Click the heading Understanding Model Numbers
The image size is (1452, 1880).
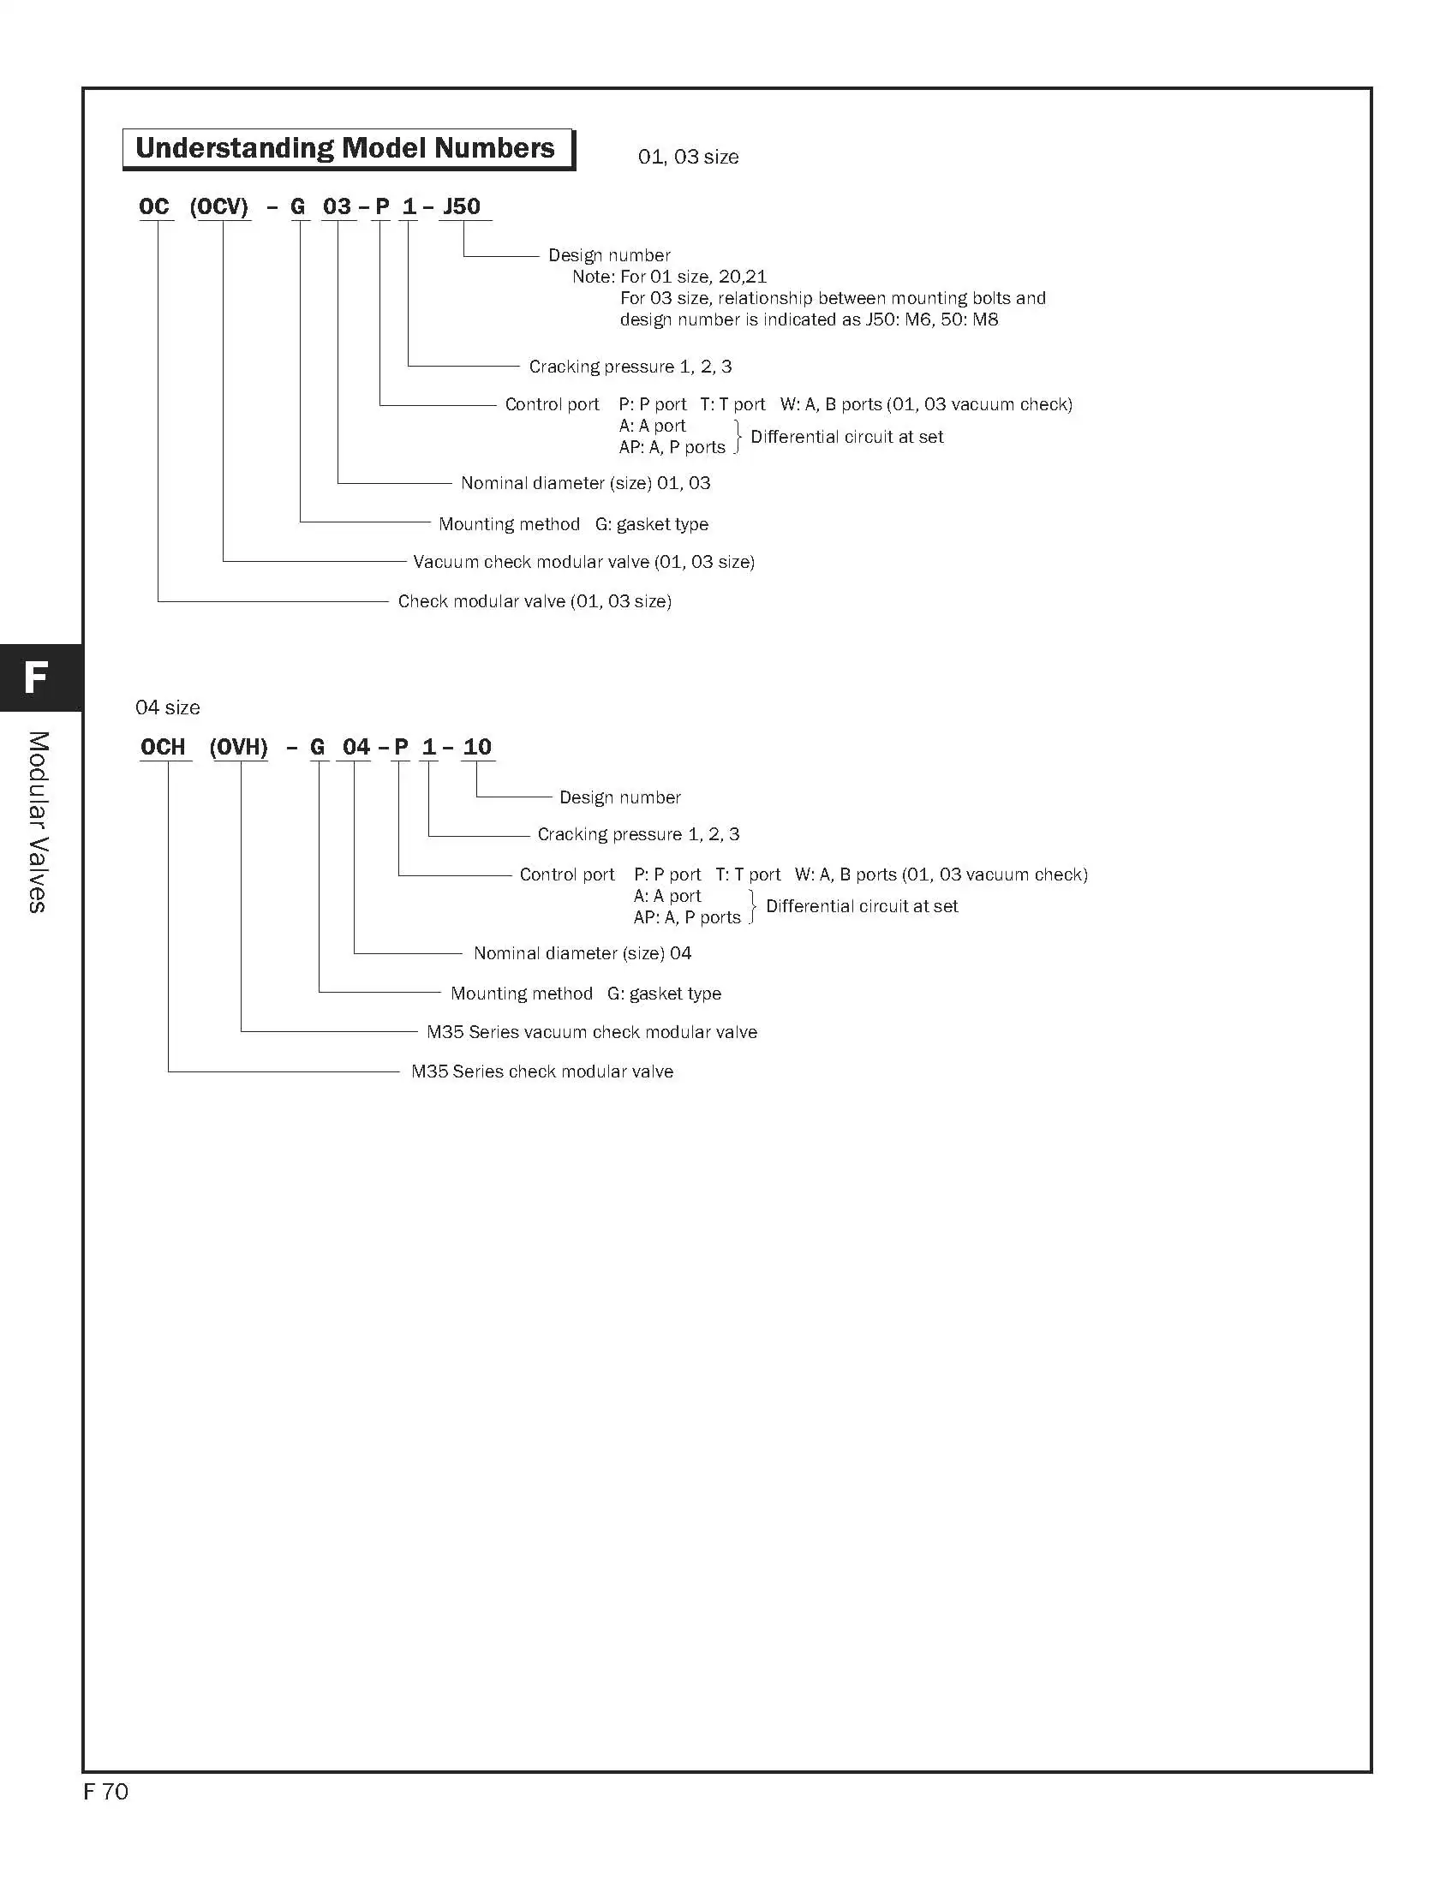coord(345,148)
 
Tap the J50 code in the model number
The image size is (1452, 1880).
coord(462,206)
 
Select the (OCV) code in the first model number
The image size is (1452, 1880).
coord(219,206)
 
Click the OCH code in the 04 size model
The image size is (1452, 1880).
coord(163,746)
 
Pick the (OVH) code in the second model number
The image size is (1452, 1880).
coord(238,746)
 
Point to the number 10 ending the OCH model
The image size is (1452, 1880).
coord(477,746)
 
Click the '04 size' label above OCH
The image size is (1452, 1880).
coord(168,707)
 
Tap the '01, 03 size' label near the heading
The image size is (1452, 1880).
coord(688,157)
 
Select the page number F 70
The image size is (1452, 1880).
coord(106,1791)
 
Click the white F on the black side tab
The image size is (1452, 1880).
coord(35,677)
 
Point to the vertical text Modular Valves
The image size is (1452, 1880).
coord(37,822)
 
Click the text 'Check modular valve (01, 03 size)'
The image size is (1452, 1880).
coord(535,601)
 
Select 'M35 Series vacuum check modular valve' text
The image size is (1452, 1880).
coord(592,1031)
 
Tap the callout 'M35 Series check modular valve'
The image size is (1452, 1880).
coord(542,1071)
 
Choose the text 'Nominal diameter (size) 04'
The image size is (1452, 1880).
coord(583,953)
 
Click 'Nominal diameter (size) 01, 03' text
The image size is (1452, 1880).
coord(585,483)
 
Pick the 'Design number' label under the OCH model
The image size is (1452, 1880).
coord(619,797)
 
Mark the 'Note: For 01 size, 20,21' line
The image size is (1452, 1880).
coord(670,277)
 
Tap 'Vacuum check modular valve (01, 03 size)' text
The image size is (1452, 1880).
coord(583,561)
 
